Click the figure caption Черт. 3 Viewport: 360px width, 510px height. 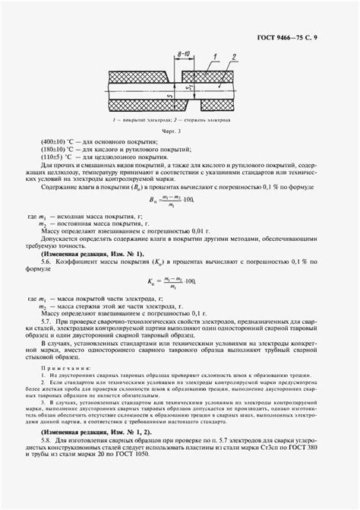tap(180, 131)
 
